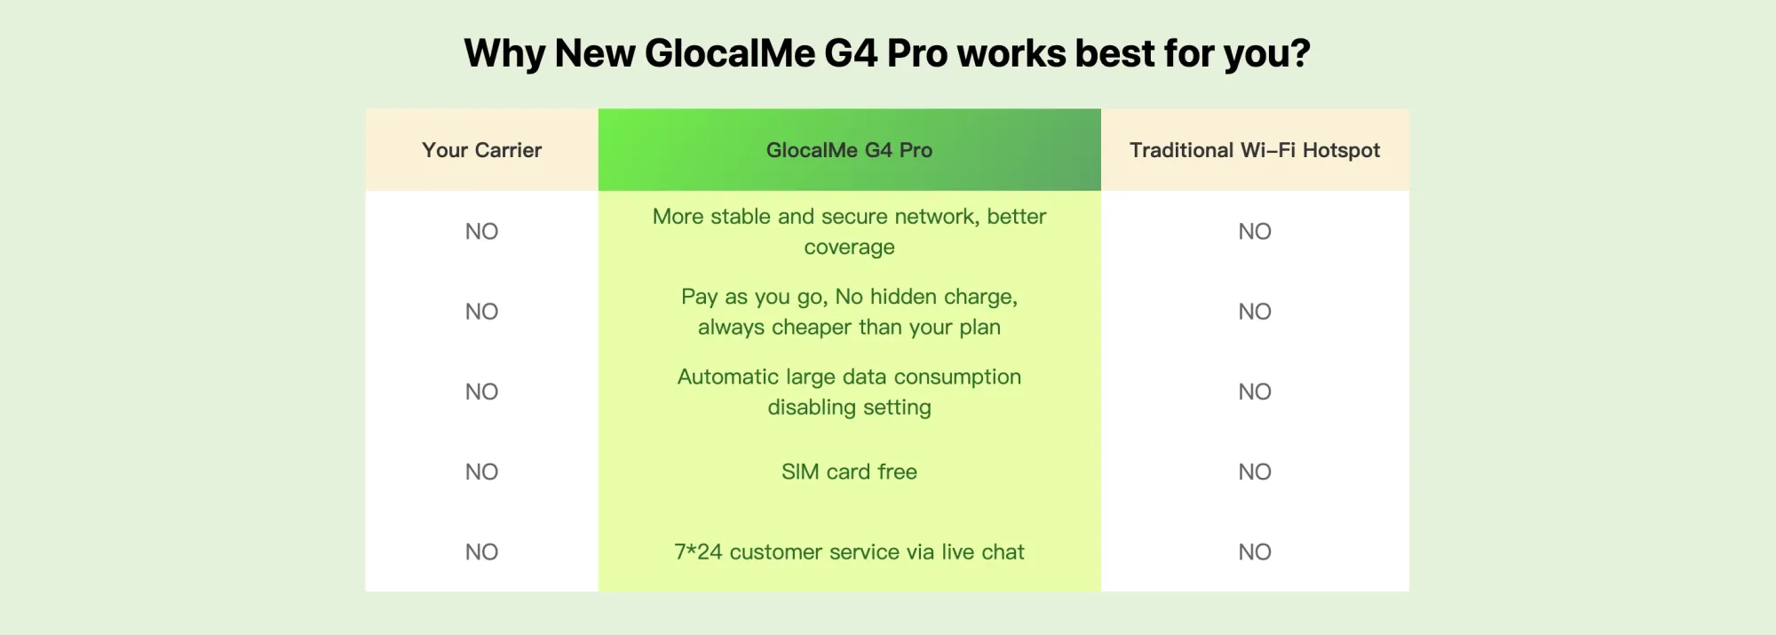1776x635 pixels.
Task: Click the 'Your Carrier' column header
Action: pyautogui.click(x=481, y=150)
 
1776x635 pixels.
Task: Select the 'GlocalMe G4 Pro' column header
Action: pyautogui.click(x=849, y=150)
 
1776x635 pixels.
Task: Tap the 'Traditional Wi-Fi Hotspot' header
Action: pyautogui.click(x=1255, y=150)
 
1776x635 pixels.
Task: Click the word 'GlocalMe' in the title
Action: pyautogui.click(x=728, y=53)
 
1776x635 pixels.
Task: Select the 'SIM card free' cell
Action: pyautogui.click(x=849, y=472)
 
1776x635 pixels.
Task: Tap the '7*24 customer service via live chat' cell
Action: pyautogui.click(x=849, y=552)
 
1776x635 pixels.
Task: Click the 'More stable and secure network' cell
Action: pyautogui.click(x=849, y=231)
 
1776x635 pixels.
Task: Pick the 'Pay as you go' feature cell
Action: pyautogui.click(x=849, y=312)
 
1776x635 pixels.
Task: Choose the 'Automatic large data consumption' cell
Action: pyautogui.click(x=849, y=392)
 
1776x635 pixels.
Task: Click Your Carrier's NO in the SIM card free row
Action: pyautogui.click(x=481, y=472)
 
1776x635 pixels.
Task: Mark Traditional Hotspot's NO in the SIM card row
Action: pyautogui.click(x=1255, y=472)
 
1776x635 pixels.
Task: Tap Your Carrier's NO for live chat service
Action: pyautogui.click(x=481, y=552)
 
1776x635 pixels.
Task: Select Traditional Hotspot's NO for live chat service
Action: pyautogui.click(x=1255, y=552)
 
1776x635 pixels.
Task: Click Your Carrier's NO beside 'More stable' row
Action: pyautogui.click(x=481, y=232)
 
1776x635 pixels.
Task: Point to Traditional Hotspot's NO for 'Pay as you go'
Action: pyautogui.click(x=1255, y=312)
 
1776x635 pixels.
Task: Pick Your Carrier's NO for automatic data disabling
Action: pyautogui.click(x=481, y=392)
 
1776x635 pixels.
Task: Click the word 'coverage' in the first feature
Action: pyautogui.click(x=849, y=248)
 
